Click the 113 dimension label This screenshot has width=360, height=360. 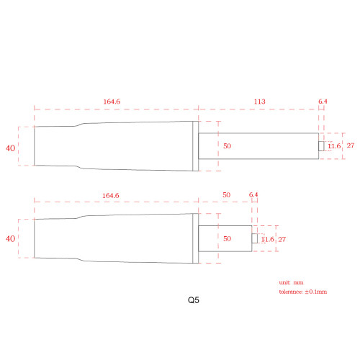258,102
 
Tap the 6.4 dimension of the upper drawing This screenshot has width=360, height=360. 323,102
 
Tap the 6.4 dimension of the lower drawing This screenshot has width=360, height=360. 253,195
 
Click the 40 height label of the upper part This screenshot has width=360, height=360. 11,148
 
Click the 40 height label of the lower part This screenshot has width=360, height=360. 11,238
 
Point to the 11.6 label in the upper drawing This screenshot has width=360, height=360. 333,146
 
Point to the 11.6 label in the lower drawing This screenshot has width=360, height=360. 267,238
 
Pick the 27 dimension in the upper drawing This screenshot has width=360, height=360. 351,146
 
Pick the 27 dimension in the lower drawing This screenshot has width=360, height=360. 283,238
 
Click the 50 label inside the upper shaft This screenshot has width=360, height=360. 227,146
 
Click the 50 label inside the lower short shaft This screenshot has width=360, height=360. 227,238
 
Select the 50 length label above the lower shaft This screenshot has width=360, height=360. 226,195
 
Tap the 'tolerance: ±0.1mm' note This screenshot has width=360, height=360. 302,292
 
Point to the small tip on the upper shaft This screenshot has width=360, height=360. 320,146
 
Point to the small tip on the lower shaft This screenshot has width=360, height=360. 253,238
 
